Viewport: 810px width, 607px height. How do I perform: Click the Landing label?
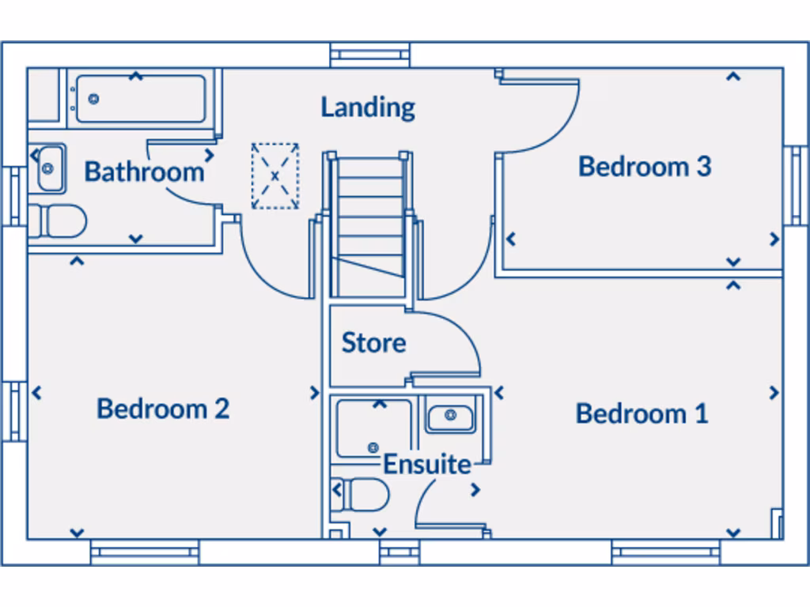368,107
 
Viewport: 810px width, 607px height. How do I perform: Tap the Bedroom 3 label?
645,167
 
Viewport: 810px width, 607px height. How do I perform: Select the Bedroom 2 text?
163,409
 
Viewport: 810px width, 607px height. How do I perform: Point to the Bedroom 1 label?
642,413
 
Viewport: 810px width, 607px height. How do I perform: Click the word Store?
373,343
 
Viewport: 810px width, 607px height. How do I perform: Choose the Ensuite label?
427,465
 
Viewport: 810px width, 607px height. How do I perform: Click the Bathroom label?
144,172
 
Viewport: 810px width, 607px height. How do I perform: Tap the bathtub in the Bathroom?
140,100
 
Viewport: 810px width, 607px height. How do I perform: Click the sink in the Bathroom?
49,168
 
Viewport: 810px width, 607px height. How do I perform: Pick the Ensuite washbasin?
450,416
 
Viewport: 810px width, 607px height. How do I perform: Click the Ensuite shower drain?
373,447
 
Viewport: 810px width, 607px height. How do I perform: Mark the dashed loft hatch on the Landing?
275,176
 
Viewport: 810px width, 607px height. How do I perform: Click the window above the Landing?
369,55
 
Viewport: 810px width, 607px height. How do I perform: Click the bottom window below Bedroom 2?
144,552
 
